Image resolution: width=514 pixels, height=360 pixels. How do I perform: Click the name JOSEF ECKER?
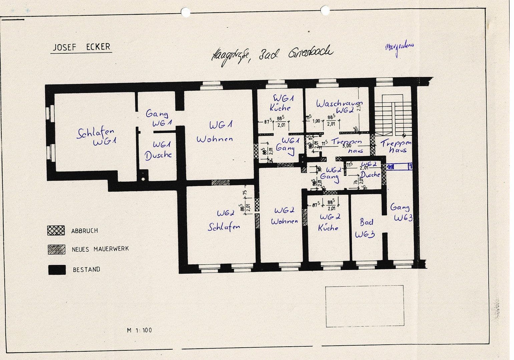81,47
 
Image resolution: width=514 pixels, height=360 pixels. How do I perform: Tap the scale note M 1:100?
139,330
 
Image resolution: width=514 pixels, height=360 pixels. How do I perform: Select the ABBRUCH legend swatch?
56,230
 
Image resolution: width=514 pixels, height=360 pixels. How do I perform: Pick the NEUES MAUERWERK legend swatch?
56,250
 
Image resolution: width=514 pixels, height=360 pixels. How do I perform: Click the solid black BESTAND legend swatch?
56,270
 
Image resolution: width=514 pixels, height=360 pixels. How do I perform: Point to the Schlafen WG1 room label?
96,137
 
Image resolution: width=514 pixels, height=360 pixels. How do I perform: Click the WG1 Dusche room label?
158,150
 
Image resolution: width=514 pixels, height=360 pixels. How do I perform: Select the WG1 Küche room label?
280,103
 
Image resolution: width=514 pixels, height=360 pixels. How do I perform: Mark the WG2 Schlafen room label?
224,220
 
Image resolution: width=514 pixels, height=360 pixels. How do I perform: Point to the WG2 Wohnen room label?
284,216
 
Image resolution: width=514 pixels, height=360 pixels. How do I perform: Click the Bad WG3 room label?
365,228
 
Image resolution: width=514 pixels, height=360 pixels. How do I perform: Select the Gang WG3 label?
401,213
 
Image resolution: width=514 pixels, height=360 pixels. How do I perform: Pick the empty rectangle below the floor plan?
364,306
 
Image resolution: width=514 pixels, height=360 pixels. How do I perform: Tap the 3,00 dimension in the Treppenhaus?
347,146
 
